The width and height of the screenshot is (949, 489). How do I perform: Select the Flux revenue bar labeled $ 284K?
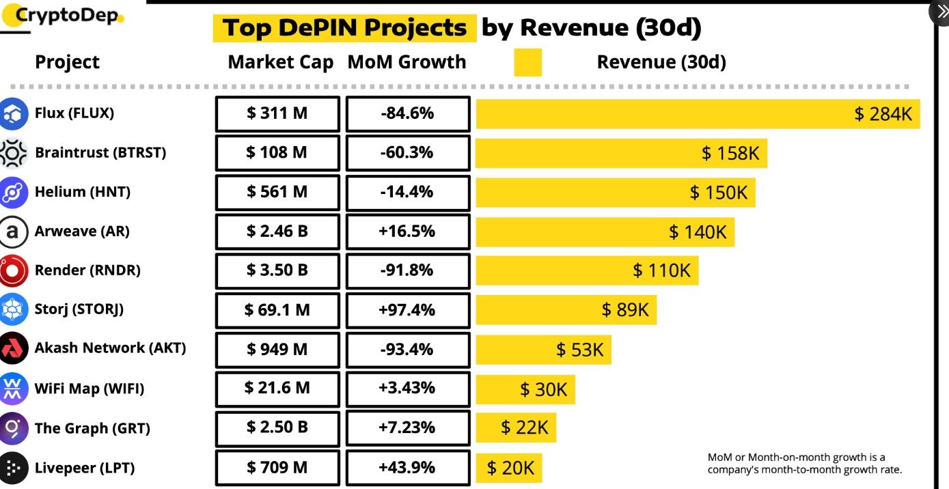coord(698,113)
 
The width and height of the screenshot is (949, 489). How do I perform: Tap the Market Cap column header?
coord(280,62)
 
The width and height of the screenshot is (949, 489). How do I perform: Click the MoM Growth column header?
coord(407,62)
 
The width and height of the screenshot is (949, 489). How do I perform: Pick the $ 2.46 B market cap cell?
coord(277,232)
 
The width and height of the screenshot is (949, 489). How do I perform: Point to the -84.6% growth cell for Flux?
coord(408,113)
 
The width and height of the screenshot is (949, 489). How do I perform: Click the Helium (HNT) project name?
coord(82,192)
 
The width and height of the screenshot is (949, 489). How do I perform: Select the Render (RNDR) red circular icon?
coord(13,270)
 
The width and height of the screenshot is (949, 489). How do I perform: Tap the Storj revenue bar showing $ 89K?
coord(566,310)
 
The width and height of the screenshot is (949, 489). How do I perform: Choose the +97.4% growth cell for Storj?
coord(408,310)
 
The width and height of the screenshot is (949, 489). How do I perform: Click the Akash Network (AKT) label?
coord(110,348)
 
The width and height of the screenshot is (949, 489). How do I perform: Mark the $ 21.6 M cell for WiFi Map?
coord(277,389)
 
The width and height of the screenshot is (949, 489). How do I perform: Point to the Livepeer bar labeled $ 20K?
coord(509,468)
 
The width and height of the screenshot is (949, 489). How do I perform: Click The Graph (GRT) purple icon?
coord(13,428)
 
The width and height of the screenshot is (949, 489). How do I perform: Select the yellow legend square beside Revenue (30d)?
coord(527,62)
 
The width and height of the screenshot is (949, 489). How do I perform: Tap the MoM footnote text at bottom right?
coord(805,464)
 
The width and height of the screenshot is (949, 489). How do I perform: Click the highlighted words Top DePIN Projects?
coord(344,28)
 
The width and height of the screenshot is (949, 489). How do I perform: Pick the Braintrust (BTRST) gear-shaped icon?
coord(13,153)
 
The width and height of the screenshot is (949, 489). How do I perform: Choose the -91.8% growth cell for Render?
coord(408,270)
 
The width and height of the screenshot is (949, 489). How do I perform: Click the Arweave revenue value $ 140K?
coord(698,232)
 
